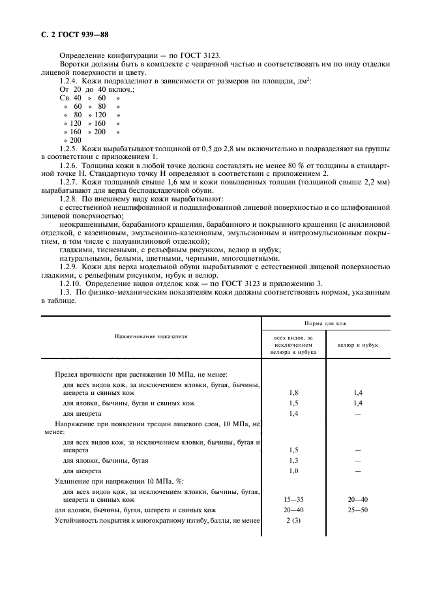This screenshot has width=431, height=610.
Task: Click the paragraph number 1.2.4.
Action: coord(71,80)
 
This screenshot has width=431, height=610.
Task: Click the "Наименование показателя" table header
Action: coord(151,337)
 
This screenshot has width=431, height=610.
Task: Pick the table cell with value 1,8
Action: coord(293,393)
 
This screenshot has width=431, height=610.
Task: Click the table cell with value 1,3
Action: coord(293,460)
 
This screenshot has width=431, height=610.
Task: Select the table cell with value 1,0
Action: coord(293,471)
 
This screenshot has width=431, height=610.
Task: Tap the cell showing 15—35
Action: coord(293,499)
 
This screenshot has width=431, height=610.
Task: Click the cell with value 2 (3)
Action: coord(293,521)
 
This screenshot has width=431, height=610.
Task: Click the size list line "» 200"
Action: coord(72,140)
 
